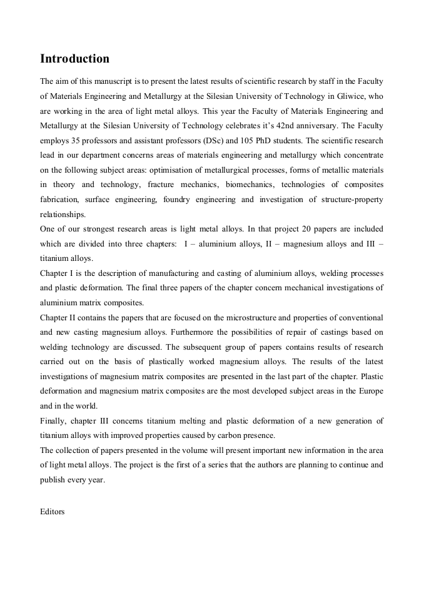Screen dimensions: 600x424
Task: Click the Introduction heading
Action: (74, 59)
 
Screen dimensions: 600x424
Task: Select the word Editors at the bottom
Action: (53, 511)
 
